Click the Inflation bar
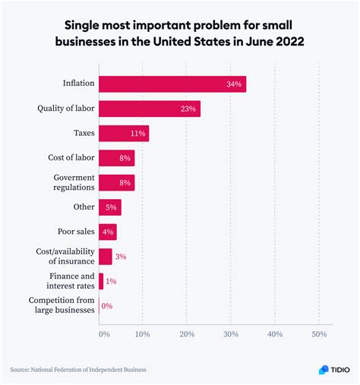point(172,84)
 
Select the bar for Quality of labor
point(150,109)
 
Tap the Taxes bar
point(124,134)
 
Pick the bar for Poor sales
point(108,232)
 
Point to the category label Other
point(84,207)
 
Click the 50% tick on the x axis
point(319,333)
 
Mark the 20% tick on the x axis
point(187,333)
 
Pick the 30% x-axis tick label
point(231,333)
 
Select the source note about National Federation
point(77,370)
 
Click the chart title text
point(179,33)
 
